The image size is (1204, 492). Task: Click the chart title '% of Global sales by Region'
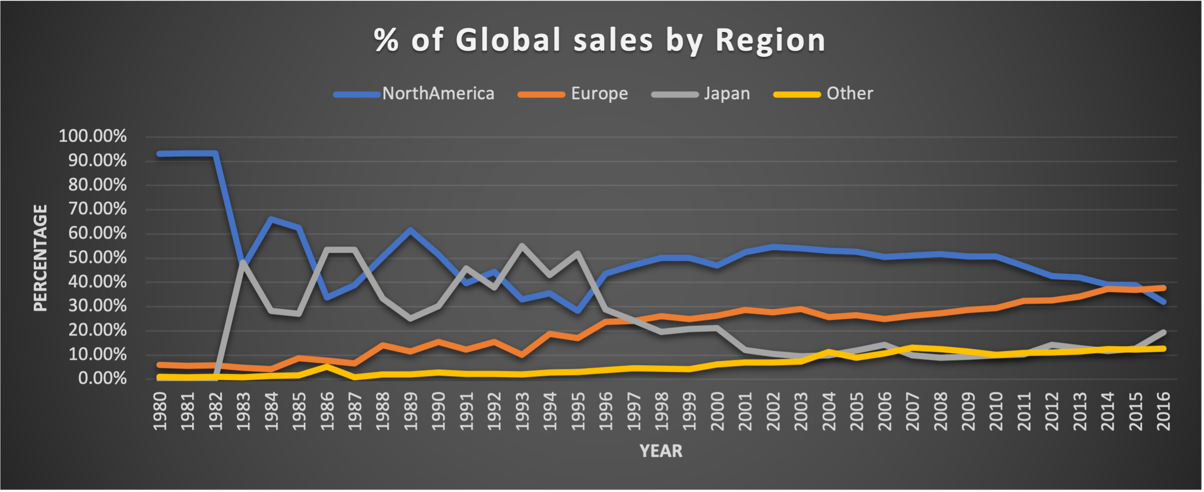600,40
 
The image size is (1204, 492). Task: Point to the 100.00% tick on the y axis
93,136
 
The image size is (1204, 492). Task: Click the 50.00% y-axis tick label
97,258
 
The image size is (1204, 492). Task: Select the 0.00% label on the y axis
102,379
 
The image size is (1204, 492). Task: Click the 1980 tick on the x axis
160,411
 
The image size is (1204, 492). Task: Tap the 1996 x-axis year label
606,411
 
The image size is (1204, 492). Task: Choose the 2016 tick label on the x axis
1163,411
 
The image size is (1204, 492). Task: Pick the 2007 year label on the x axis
913,411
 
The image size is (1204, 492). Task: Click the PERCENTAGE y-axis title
41,258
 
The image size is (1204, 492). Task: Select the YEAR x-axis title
661,451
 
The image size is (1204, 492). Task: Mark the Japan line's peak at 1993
522,246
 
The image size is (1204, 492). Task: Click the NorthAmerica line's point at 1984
271,219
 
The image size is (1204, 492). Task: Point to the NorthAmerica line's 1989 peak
411,230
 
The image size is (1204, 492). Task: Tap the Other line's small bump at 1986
327,366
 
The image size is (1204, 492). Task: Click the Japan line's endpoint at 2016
1163,332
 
